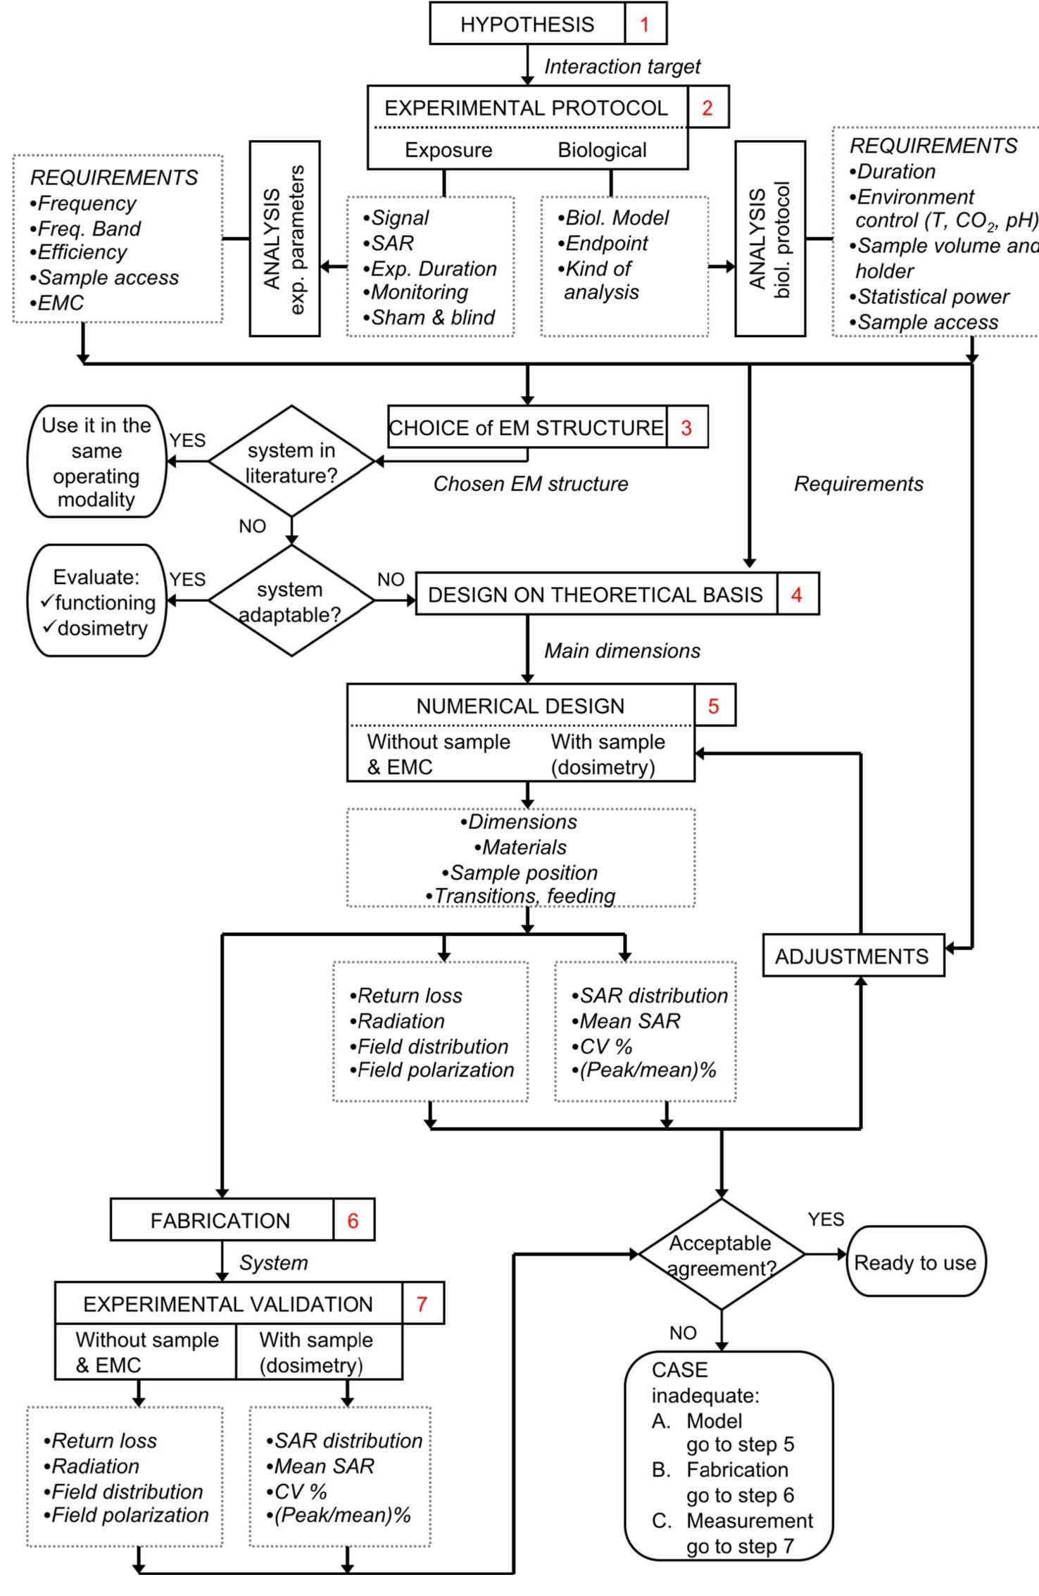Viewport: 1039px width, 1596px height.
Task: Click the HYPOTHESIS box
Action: click(x=527, y=24)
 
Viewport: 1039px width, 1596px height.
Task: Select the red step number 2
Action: click(x=707, y=108)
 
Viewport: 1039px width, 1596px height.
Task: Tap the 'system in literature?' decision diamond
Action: click(x=291, y=462)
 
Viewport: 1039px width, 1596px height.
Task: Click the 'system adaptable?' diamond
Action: click(x=291, y=601)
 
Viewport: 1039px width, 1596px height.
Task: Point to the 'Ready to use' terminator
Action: click(x=914, y=1262)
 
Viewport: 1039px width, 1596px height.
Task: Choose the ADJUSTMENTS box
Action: click(x=852, y=956)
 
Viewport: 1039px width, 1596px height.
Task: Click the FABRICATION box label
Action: click(x=220, y=1220)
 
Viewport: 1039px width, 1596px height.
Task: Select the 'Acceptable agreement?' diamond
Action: click(x=721, y=1255)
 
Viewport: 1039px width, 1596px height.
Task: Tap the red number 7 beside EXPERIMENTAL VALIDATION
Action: click(x=422, y=1304)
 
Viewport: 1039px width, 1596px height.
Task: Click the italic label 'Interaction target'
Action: click(x=622, y=67)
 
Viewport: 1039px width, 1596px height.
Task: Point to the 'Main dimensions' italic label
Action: click(x=622, y=651)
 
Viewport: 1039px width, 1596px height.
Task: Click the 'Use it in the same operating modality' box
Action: click(x=96, y=462)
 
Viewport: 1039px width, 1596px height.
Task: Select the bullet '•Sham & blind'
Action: click(x=429, y=317)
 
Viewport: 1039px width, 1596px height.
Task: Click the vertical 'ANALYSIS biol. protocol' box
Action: click(x=769, y=239)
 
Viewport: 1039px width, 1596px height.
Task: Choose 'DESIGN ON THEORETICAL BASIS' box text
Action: click(x=595, y=595)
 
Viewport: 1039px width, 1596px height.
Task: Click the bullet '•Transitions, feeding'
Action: click(x=521, y=896)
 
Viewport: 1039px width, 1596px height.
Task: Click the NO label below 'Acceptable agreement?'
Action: click(x=683, y=1333)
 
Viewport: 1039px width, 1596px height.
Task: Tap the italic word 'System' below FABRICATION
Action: click(x=274, y=1262)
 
